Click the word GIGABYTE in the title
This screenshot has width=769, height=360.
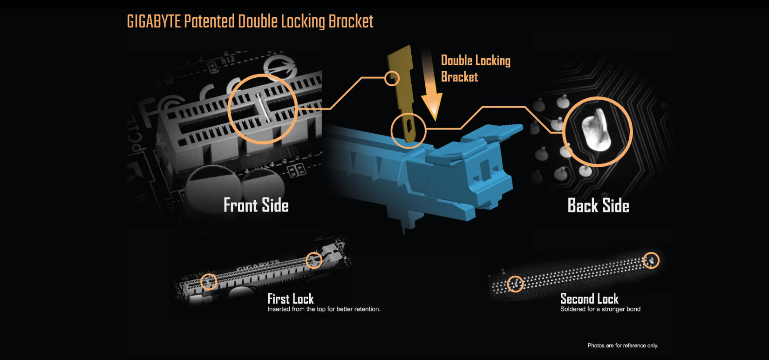pyautogui.click(x=154, y=21)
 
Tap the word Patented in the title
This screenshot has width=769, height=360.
pyautogui.click(x=209, y=21)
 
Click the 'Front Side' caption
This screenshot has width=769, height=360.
pyautogui.click(x=256, y=205)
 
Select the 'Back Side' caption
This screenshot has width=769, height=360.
pyautogui.click(x=598, y=205)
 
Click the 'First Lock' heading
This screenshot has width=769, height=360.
pyautogui.click(x=290, y=299)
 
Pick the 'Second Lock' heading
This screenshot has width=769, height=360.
pyautogui.click(x=589, y=299)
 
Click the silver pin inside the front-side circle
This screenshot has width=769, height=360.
pyautogui.click(x=263, y=108)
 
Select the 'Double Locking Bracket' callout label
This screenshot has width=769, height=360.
pyautogui.click(x=475, y=68)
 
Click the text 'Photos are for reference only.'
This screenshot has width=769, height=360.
pyautogui.click(x=623, y=346)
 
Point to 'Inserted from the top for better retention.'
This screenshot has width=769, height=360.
pyautogui.click(x=324, y=309)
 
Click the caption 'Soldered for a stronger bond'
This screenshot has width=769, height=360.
pyautogui.click(x=600, y=309)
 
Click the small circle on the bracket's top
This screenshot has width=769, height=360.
pyautogui.click(x=392, y=78)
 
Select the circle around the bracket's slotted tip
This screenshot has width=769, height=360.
pyautogui.click(x=408, y=130)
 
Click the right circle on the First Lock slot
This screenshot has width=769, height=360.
pyautogui.click(x=314, y=260)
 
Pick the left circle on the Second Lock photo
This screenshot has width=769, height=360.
pyautogui.click(x=515, y=284)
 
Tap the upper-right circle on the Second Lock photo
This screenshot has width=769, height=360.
pyautogui.click(x=651, y=260)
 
